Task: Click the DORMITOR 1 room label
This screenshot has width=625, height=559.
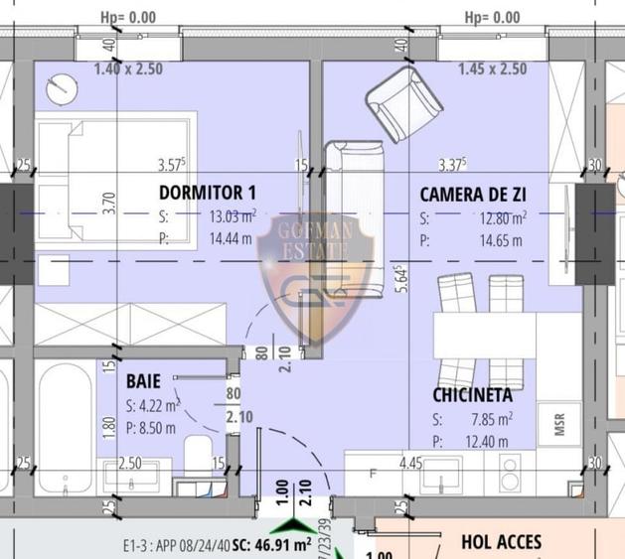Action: [x=208, y=192]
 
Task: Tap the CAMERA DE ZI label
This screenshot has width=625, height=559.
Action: [x=473, y=194]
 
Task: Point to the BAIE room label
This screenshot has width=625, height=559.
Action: [x=143, y=380]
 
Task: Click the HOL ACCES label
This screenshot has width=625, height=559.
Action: [x=502, y=541]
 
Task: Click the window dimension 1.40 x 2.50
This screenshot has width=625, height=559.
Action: [x=128, y=70]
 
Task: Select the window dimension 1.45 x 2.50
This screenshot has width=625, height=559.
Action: [x=493, y=70]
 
